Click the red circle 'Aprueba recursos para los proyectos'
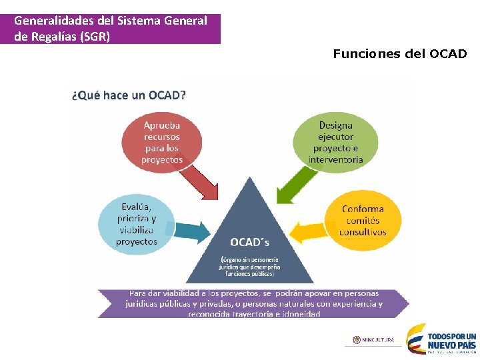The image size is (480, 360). (161, 142)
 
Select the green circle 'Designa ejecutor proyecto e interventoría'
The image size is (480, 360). (336, 142)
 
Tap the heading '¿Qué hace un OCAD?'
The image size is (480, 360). (129, 95)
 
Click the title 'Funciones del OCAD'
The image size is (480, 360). (400, 53)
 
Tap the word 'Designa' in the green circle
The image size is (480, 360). (336, 125)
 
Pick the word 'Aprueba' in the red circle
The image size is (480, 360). (161, 125)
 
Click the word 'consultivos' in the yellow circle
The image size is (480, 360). (363, 232)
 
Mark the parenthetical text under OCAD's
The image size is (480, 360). (250, 265)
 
